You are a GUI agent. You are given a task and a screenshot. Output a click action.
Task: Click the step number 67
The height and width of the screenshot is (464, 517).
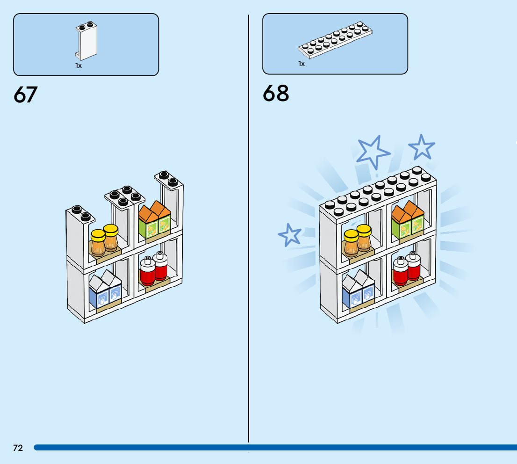coord(26,95)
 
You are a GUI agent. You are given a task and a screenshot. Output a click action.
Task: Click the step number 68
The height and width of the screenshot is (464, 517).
coord(276,94)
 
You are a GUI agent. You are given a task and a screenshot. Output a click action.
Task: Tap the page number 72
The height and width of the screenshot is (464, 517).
coord(18,448)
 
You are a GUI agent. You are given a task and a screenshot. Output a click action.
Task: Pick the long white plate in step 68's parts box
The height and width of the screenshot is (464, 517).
coord(337,40)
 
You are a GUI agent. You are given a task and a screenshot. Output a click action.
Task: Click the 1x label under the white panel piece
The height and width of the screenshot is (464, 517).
coord(79,66)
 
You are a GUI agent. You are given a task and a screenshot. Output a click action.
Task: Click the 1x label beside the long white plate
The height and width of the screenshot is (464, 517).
coord(302,64)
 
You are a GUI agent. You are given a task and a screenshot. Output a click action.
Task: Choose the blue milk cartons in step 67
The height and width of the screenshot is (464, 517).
coord(105,290)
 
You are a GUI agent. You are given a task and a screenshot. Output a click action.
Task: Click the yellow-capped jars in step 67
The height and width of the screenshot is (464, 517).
coord(104,241)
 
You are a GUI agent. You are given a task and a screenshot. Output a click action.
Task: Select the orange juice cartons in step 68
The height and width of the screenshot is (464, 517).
coord(407,221)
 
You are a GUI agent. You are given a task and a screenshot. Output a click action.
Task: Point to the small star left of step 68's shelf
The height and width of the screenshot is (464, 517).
coord(290,234)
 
